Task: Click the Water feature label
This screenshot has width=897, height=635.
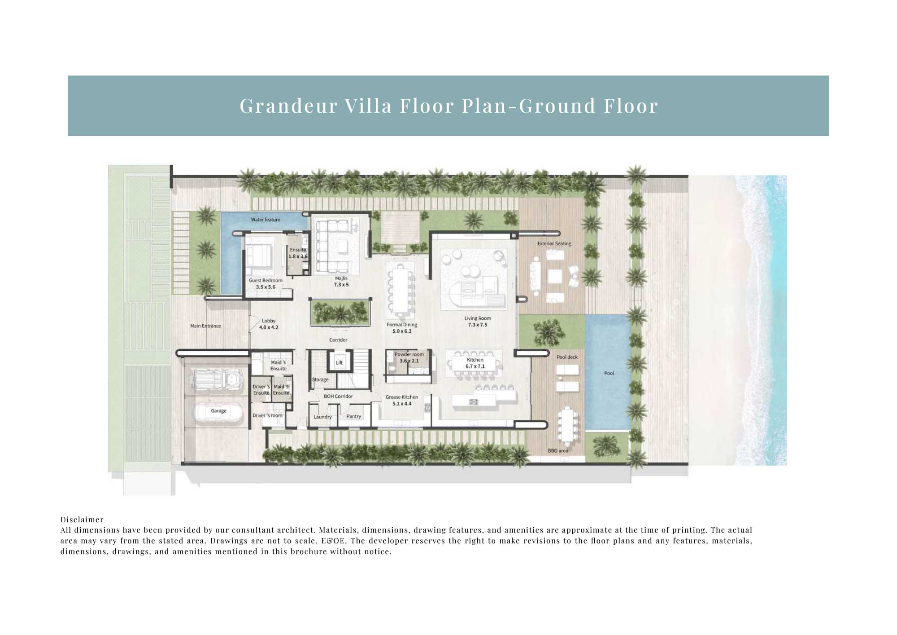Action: pyautogui.click(x=266, y=220)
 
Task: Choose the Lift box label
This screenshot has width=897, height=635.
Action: pyautogui.click(x=339, y=363)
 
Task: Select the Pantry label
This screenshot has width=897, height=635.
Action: pyautogui.click(x=354, y=416)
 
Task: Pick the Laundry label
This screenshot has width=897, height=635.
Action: pyautogui.click(x=322, y=417)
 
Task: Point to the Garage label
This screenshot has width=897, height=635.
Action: pyautogui.click(x=219, y=411)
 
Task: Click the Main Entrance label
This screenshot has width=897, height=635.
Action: pyautogui.click(x=205, y=326)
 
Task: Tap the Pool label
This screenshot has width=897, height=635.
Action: pyautogui.click(x=609, y=373)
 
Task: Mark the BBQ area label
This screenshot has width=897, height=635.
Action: pyautogui.click(x=558, y=450)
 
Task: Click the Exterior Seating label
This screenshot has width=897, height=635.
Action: pyautogui.click(x=554, y=243)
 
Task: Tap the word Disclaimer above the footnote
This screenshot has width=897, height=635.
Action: pyautogui.click(x=82, y=520)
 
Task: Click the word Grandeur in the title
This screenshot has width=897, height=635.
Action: pyautogui.click(x=289, y=106)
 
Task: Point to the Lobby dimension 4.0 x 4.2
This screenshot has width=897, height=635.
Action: pyautogui.click(x=269, y=327)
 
